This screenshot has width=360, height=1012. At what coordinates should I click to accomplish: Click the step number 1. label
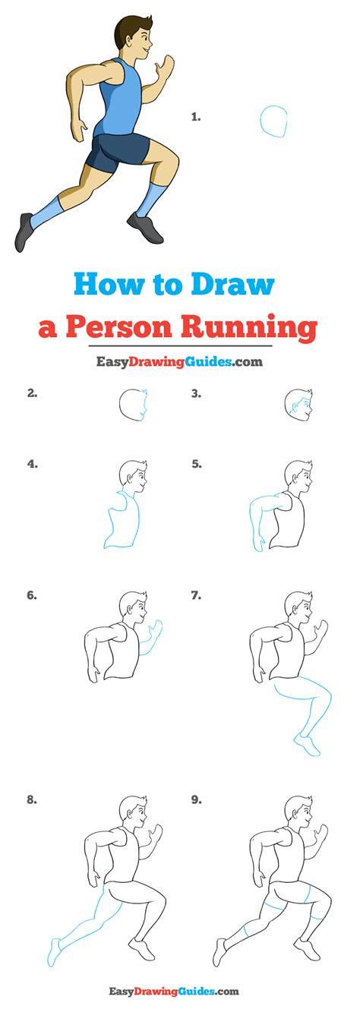195,117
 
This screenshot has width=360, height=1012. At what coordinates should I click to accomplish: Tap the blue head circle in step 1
274,121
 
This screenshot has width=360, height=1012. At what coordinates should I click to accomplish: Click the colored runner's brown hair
129,29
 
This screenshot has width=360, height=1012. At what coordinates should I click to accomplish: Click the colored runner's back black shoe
24,232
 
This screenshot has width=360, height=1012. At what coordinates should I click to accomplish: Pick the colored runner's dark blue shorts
118,151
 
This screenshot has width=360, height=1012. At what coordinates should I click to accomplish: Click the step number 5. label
196,463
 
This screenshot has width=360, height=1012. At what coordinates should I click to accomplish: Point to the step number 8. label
32,799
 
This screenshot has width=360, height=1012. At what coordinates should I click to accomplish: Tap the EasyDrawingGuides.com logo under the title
179,362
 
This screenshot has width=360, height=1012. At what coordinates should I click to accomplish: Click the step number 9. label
196,799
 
